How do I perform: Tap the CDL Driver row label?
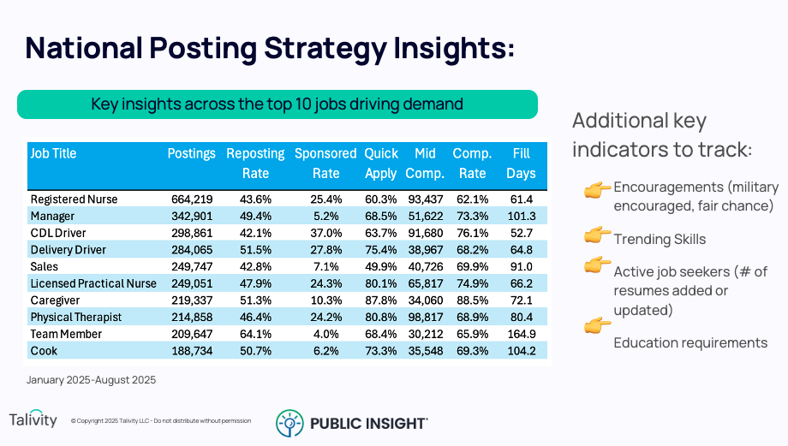(x=59, y=233)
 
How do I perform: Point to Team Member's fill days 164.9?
(x=520, y=334)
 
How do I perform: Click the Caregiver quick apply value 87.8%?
(x=380, y=300)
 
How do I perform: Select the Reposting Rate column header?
(x=255, y=163)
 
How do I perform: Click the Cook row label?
(x=44, y=351)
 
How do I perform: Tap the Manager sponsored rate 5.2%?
(x=325, y=217)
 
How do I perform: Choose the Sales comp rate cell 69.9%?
(x=472, y=267)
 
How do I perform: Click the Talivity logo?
(x=33, y=419)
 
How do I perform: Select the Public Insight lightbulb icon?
(x=289, y=423)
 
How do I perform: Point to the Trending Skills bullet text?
(x=660, y=239)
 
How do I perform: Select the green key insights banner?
(x=278, y=104)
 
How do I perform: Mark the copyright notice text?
(x=161, y=421)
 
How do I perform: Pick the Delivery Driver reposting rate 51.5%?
(x=255, y=250)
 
